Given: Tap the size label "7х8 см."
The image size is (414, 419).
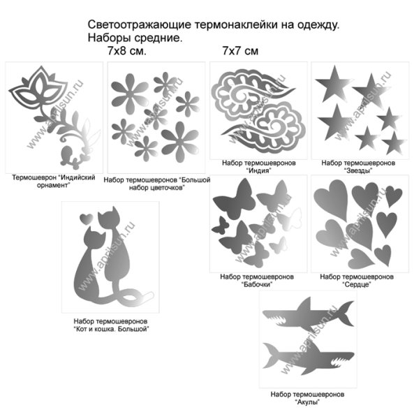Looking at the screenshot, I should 126,51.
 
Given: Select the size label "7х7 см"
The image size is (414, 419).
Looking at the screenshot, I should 240,51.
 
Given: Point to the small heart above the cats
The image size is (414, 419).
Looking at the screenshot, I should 86,219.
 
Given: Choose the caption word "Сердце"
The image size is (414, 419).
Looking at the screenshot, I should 356,285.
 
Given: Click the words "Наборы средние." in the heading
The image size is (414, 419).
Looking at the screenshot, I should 135,38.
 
